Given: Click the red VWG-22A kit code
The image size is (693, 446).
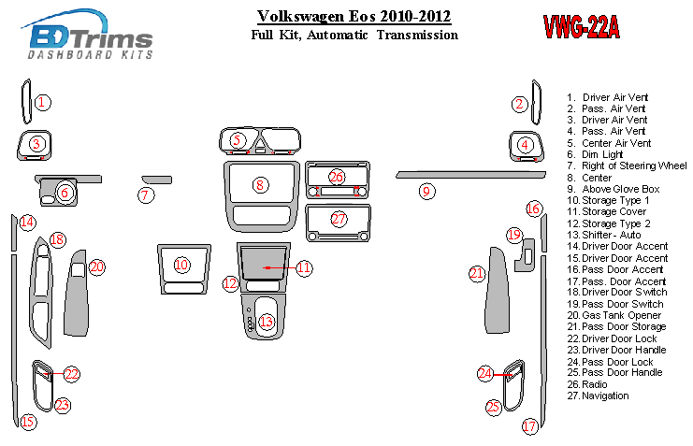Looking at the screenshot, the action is [x=581, y=27].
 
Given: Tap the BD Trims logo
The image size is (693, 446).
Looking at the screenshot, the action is [x=87, y=35].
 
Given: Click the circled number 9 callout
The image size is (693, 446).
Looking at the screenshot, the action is [x=426, y=192].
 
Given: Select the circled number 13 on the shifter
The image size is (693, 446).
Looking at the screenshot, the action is [x=267, y=322].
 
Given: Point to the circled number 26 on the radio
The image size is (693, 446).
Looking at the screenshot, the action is [x=337, y=178].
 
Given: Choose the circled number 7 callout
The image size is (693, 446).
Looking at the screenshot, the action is [x=145, y=194].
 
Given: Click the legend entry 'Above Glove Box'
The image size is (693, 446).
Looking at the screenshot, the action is [x=620, y=189].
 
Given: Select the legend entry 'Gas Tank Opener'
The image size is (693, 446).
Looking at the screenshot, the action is [x=621, y=316].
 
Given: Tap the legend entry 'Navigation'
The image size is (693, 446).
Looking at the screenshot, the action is [x=605, y=396].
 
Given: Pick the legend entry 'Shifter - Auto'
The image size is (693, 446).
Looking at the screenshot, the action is [x=612, y=236].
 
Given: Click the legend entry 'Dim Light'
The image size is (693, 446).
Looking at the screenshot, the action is [x=602, y=154].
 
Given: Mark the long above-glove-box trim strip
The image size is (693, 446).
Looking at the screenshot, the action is [x=470, y=175].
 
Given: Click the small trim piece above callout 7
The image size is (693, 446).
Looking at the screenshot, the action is [x=157, y=180].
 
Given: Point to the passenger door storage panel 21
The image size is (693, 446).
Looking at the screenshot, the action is [x=497, y=292].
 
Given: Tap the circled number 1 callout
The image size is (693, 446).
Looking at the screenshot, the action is [x=42, y=103].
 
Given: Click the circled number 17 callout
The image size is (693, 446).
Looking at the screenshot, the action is [x=529, y=426].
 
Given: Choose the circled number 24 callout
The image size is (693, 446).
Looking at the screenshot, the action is [x=484, y=374].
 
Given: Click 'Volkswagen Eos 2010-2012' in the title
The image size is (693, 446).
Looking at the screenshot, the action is [x=354, y=17].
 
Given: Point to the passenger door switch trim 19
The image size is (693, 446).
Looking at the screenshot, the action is [x=526, y=255].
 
